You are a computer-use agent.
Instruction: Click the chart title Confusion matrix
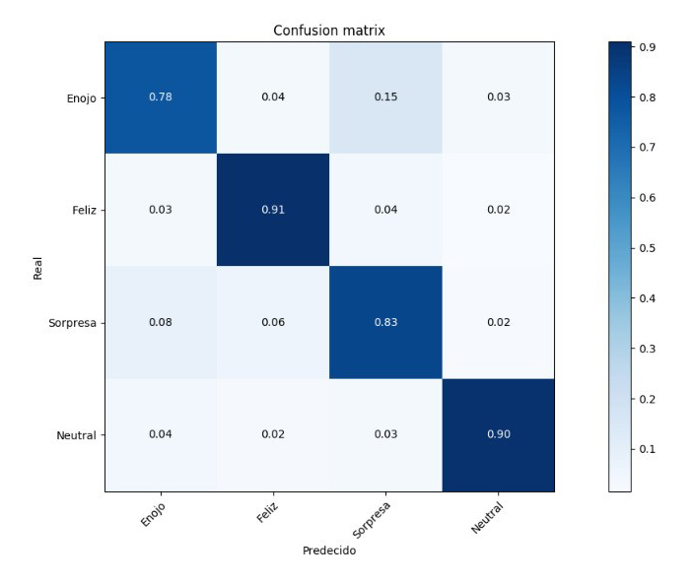pyautogui.click(x=328, y=31)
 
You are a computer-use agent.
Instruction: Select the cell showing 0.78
pyautogui.click(x=160, y=97)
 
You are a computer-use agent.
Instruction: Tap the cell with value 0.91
pyautogui.click(x=272, y=210)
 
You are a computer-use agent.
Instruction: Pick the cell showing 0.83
pyautogui.click(x=384, y=322)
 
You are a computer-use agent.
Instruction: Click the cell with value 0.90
pyautogui.click(x=498, y=434)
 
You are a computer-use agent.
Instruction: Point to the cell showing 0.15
pyautogui.click(x=384, y=97)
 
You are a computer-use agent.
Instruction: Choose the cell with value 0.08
pyautogui.click(x=160, y=322)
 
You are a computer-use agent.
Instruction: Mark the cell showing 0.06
pyautogui.click(x=272, y=322)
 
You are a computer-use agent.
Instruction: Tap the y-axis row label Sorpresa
pyautogui.click(x=72, y=322)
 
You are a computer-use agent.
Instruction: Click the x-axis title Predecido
pyautogui.click(x=328, y=552)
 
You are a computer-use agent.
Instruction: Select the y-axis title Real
pyautogui.click(x=38, y=266)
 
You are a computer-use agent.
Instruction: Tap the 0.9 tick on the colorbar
pyautogui.click(x=648, y=47)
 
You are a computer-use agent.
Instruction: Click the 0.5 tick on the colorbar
pyautogui.click(x=648, y=247)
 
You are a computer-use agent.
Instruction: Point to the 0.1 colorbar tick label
pyautogui.click(x=648, y=449)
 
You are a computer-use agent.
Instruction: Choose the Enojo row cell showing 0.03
pyautogui.click(x=498, y=97)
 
